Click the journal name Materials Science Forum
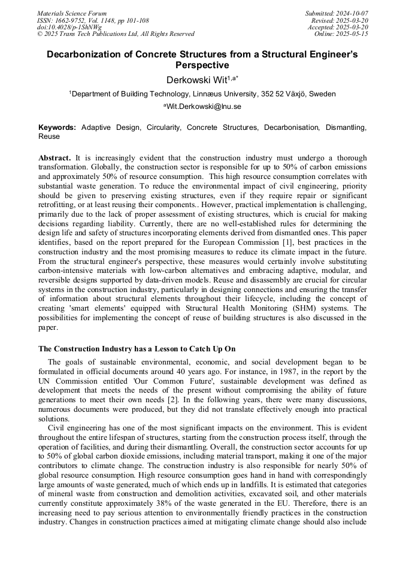[x=72, y=13]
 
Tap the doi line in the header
[x=69, y=27]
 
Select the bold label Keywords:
[x=57, y=127]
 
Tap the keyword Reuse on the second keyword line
[x=49, y=136]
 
